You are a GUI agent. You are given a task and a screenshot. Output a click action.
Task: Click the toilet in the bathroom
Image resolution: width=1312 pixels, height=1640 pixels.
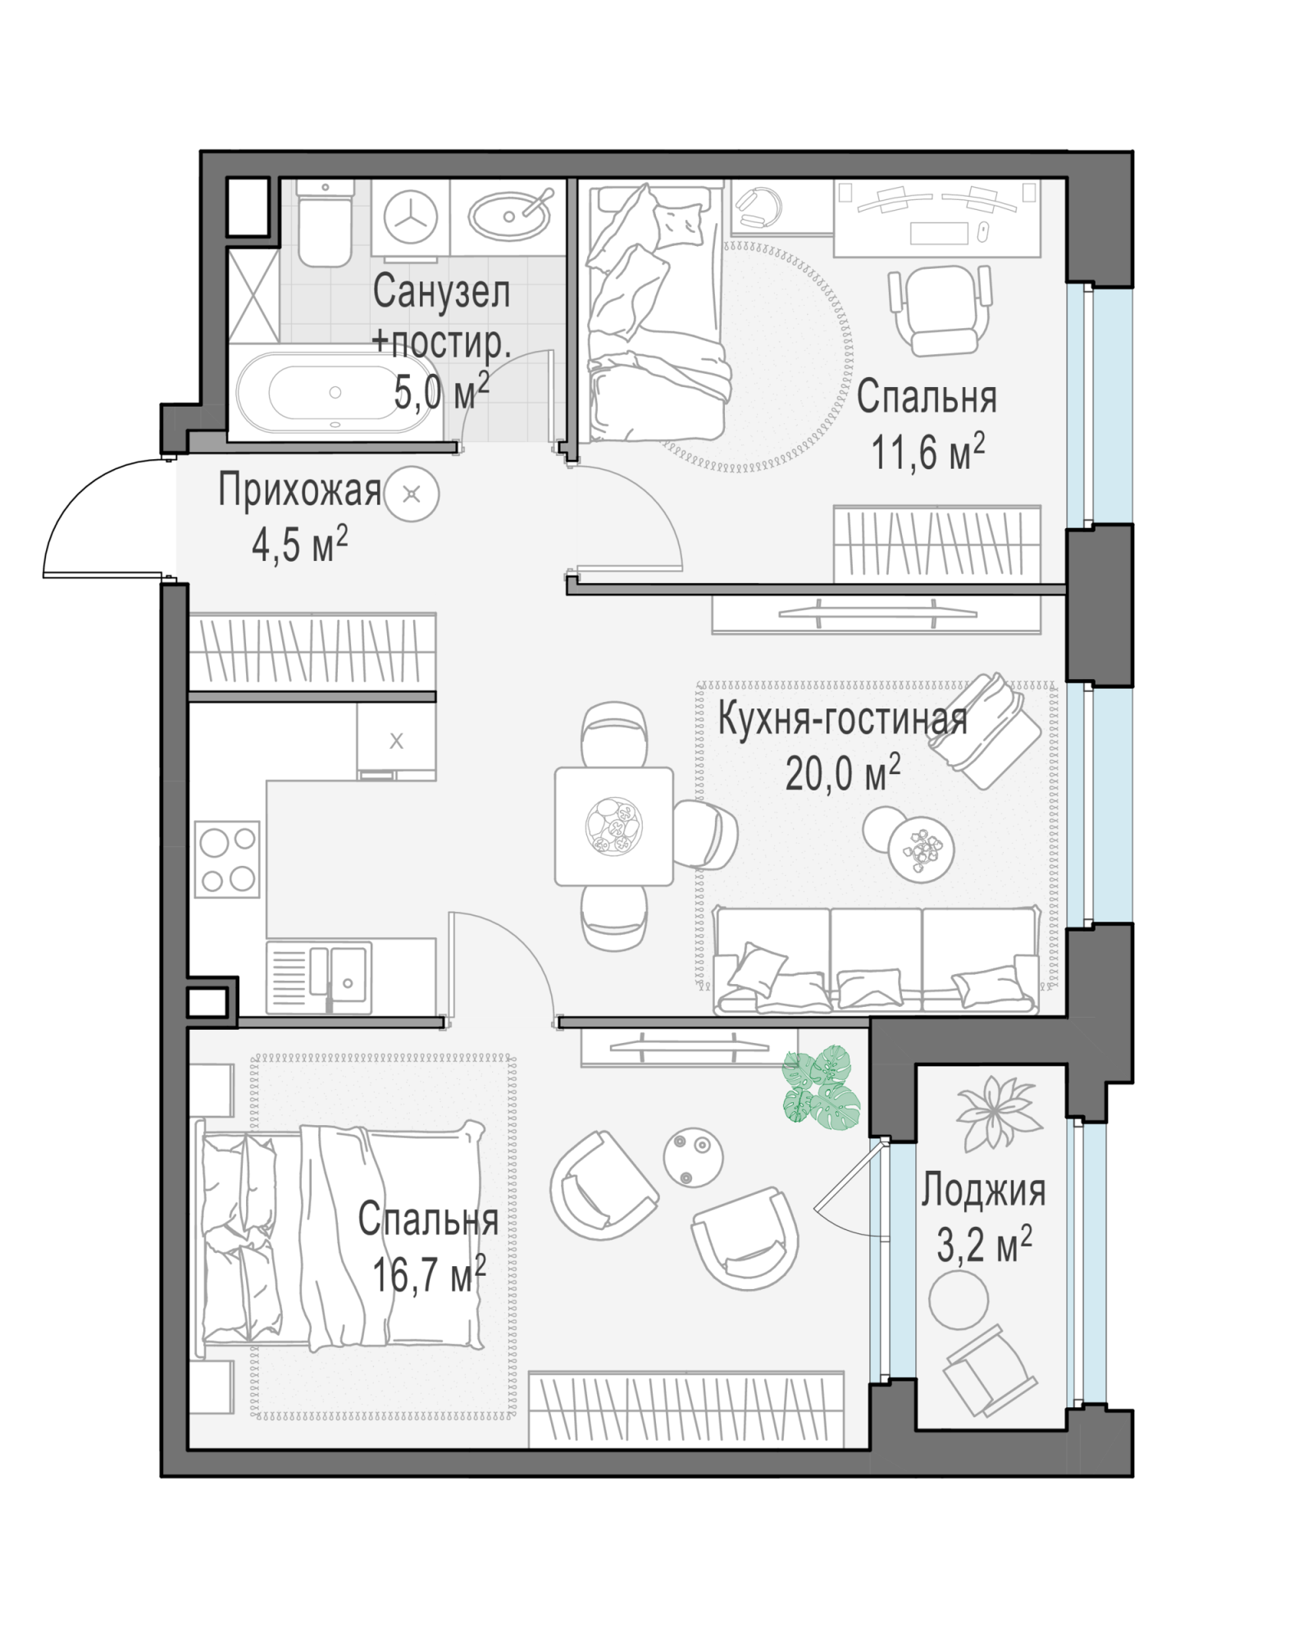point(325,223)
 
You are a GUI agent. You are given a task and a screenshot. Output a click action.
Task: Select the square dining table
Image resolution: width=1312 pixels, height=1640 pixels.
point(613,826)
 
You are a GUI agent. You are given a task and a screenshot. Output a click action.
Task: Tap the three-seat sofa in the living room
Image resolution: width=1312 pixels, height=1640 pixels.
point(877,959)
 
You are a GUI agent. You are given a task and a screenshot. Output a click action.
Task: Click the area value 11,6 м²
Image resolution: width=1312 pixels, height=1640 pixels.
point(927,452)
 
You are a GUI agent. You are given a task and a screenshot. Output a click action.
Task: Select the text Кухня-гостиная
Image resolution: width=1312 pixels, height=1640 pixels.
point(842,720)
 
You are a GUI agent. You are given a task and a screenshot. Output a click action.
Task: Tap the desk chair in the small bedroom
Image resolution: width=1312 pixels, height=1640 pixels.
point(940,310)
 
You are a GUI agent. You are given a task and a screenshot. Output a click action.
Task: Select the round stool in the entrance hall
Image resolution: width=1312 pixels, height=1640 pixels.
point(412,494)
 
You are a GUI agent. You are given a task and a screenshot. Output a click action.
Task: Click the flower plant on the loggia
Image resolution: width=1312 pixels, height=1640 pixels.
point(994,1112)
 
